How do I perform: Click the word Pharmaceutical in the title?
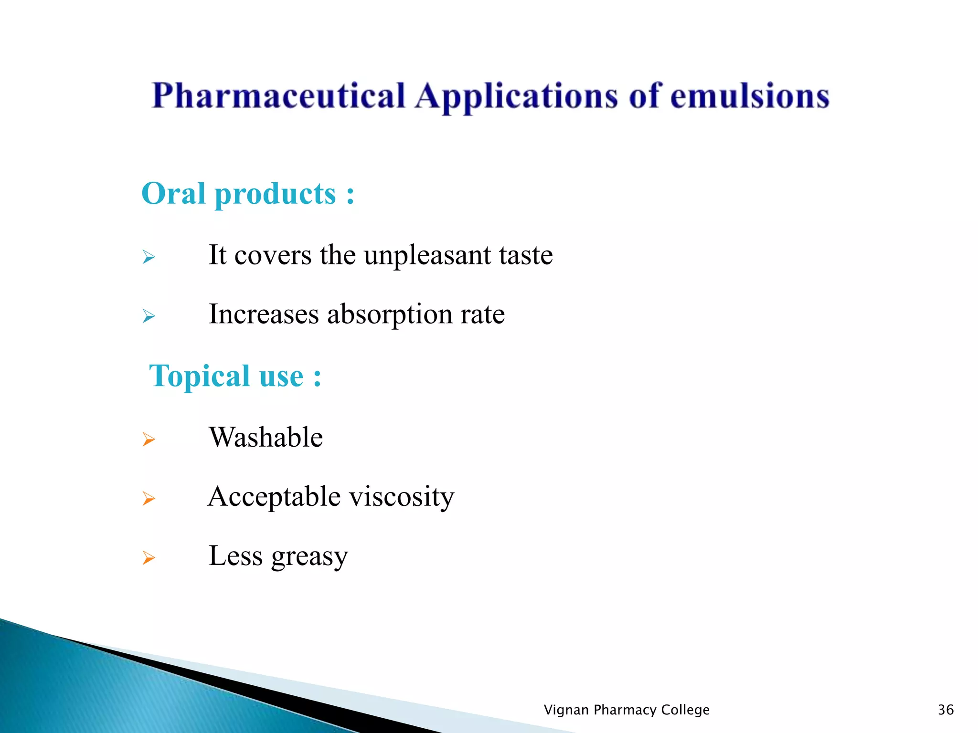(x=278, y=97)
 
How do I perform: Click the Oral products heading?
(x=248, y=194)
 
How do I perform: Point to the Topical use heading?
(x=235, y=376)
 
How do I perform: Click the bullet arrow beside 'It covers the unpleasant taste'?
(x=149, y=257)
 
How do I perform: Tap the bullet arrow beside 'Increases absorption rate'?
(x=149, y=316)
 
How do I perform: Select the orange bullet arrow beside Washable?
(x=149, y=439)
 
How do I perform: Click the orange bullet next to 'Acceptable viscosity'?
(x=149, y=499)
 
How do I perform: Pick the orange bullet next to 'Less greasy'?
(x=149, y=557)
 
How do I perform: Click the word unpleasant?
(x=427, y=255)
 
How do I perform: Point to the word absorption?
(x=389, y=315)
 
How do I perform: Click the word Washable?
(x=266, y=437)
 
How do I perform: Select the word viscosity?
(x=402, y=497)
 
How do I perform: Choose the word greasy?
(x=309, y=556)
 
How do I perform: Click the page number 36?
(x=946, y=710)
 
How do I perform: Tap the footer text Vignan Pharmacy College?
(x=627, y=710)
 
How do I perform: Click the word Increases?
(x=264, y=314)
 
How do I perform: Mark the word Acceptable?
(x=274, y=497)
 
